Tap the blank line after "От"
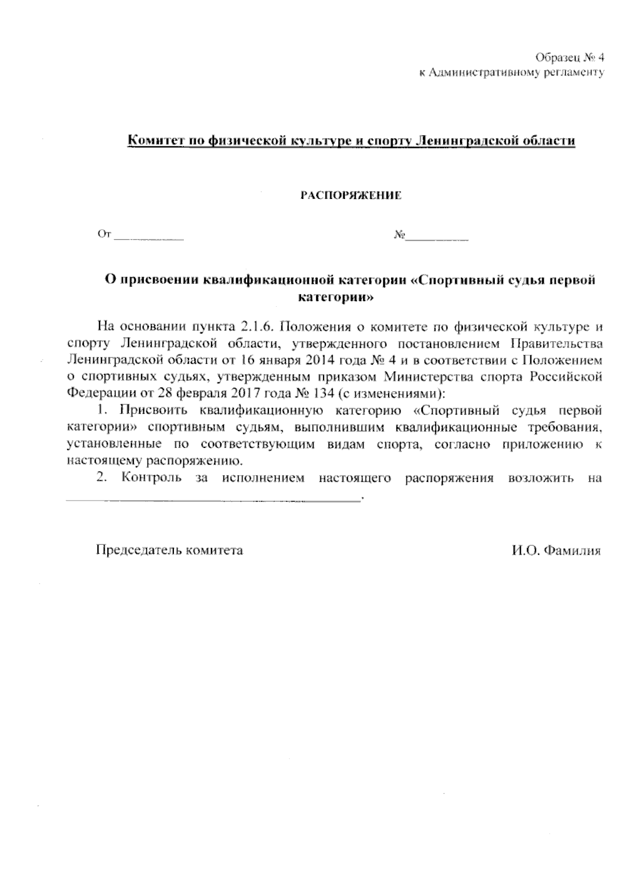pyautogui.click(x=149, y=238)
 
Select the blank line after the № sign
pyautogui.click(x=438, y=238)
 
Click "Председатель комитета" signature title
pyautogui.click(x=169, y=550)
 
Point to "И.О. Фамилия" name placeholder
pyautogui.click(x=556, y=550)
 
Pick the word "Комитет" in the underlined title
pyautogui.click(x=152, y=141)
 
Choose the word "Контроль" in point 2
pyautogui.click(x=151, y=478)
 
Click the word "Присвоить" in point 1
pyautogui.click(x=154, y=409)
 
